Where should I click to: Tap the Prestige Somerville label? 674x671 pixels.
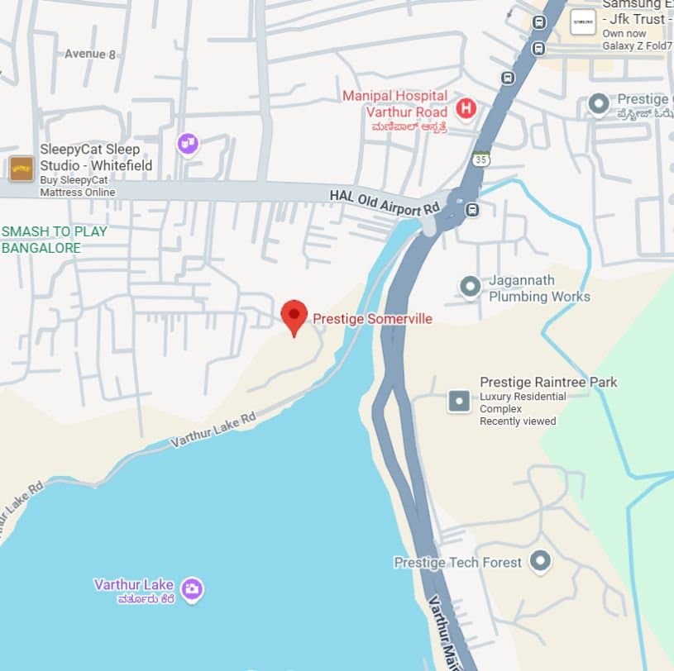[372, 319]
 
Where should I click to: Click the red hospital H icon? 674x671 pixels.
[466, 107]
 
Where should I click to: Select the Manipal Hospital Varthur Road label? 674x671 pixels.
[395, 104]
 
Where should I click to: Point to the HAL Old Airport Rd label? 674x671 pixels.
[385, 201]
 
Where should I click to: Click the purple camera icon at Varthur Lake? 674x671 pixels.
[192, 589]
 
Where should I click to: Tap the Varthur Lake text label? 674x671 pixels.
[133, 585]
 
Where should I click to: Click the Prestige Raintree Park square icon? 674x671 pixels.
[459, 402]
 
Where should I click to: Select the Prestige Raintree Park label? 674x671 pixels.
[548, 383]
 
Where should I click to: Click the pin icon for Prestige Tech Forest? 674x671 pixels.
[540, 562]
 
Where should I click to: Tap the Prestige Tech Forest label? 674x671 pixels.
[457, 563]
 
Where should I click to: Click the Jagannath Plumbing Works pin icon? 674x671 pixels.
[471, 287]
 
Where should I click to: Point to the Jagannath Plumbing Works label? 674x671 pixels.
[539, 288]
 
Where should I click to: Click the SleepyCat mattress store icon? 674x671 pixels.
[22, 169]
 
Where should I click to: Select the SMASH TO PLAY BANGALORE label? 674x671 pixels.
[55, 240]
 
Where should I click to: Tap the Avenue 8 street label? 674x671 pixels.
[91, 54]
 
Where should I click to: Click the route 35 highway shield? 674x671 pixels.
[482, 158]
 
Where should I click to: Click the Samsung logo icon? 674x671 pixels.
[583, 21]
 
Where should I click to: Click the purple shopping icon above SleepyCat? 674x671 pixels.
[188, 145]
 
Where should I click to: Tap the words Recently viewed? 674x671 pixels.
[518, 421]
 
